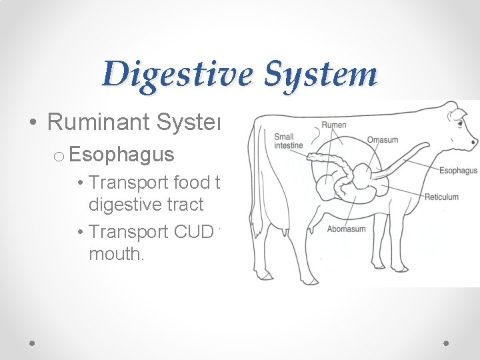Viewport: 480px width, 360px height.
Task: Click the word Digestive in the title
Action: (x=175, y=75)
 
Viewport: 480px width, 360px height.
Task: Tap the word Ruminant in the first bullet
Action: (x=100, y=121)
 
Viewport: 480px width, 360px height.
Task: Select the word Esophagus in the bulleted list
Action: (x=121, y=155)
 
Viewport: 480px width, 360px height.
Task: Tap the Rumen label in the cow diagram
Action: (x=333, y=125)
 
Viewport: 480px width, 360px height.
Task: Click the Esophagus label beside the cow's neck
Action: (x=458, y=171)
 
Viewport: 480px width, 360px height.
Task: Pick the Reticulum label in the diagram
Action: (x=441, y=197)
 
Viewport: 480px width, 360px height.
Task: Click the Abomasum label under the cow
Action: (x=346, y=229)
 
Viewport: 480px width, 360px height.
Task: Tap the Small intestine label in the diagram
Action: (x=288, y=141)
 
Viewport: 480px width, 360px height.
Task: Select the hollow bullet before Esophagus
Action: (x=59, y=156)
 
